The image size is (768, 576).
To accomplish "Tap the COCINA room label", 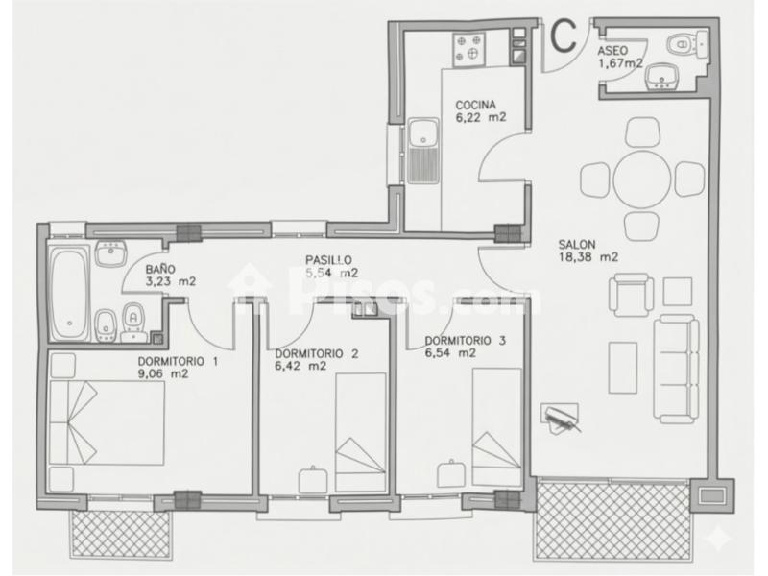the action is [475, 105].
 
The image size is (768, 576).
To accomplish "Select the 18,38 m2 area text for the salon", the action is [588, 257].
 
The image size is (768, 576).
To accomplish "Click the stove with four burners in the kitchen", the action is [468, 49].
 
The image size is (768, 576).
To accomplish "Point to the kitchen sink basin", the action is [423, 133].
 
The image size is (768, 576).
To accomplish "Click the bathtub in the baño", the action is [70, 295].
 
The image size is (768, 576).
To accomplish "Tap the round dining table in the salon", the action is [641, 180].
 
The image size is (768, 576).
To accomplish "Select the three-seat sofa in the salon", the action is [676, 369].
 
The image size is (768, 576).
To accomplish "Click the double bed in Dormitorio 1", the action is [108, 422].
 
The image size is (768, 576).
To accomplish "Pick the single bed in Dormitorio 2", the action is [361, 432].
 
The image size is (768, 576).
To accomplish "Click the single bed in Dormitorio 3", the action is [496, 427].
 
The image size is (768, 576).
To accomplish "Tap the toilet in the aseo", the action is [686, 43].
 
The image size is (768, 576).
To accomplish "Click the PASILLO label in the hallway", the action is [328, 260].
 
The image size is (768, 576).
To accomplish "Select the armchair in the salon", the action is [631, 295].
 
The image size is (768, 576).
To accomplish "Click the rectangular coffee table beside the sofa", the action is [623, 368].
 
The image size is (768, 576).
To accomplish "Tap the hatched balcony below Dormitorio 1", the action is [122, 535].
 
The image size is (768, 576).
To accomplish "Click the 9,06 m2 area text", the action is [163, 374].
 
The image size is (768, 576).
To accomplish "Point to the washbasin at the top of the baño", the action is [111, 253].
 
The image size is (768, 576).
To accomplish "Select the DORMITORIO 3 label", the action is [466, 341].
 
